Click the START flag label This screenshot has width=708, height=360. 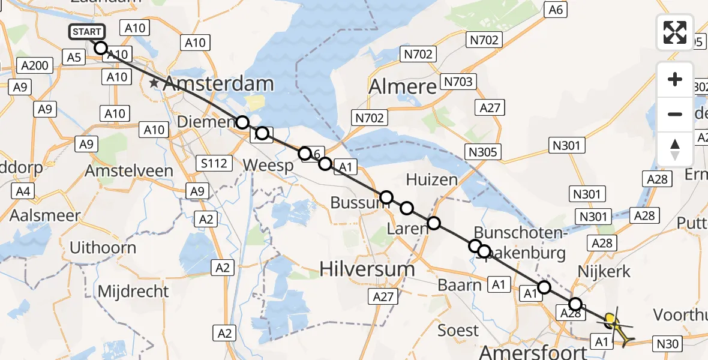pyautogui.click(x=87, y=32)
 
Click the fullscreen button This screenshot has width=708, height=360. pyautogui.click(x=675, y=32)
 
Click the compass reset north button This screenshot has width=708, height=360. pyautogui.click(x=675, y=149)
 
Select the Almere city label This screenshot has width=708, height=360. pyautogui.click(x=403, y=87)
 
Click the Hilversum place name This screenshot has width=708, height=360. pyautogui.click(x=367, y=268)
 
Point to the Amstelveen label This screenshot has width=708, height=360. pyautogui.click(x=128, y=170)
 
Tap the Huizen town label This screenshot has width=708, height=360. pyautogui.click(x=431, y=179)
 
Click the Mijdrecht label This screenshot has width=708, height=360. pyautogui.click(x=133, y=292)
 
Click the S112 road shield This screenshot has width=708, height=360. pyautogui.click(x=214, y=163)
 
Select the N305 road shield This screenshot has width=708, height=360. pyautogui.click(x=483, y=152)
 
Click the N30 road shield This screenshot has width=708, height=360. pyautogui.click(x=668, y=344)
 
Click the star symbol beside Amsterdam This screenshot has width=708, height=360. pyautogui.click(x=155, y=83)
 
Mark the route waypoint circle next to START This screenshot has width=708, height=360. pyautogui.click(x=101, y=48)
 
